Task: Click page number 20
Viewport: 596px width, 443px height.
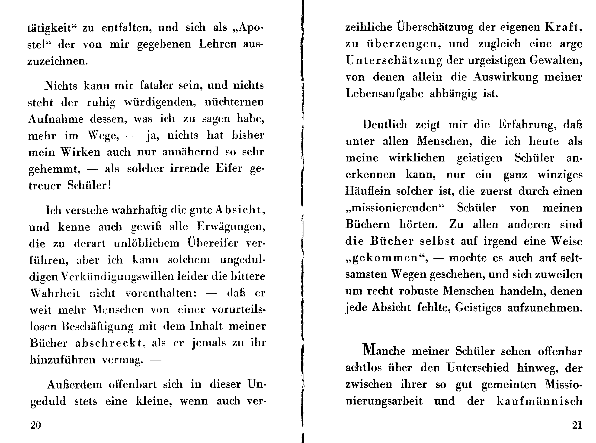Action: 36,425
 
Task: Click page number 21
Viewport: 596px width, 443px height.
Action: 577,425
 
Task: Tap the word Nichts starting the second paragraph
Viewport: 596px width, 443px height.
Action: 61,86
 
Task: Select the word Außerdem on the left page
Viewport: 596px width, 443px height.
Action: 74,385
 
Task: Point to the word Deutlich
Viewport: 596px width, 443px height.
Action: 385,124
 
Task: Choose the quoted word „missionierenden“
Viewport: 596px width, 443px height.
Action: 395,208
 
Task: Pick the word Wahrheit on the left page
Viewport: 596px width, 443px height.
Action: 55,293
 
